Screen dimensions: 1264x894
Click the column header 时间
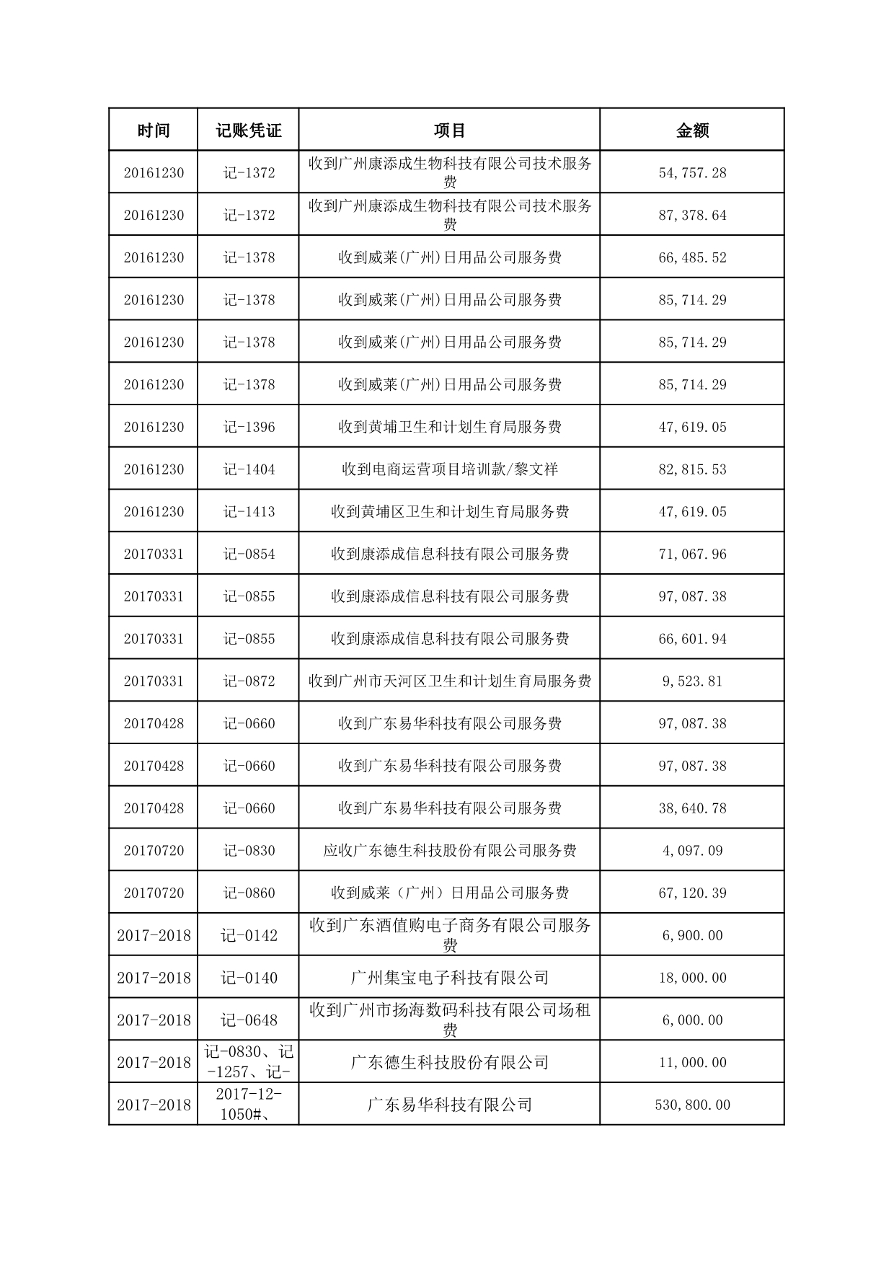(153, 131)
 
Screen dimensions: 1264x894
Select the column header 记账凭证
(248, 131)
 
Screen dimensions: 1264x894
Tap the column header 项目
(449, 131)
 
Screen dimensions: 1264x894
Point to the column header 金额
(692, 131)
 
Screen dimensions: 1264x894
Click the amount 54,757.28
(692, 173)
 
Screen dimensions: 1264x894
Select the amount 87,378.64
(692, 216)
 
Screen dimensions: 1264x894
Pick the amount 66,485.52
(692, 257)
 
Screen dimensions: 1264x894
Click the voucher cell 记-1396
(249, 427)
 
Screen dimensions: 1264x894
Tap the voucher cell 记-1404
(249, 469)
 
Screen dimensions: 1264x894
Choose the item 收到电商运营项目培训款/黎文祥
(449, 469)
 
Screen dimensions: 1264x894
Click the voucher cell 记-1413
(249, 512)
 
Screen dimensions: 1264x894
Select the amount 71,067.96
(692, 554)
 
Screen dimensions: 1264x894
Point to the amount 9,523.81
(692, 681)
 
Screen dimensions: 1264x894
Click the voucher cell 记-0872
(249, 681)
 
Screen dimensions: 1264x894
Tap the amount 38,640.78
(692, 808)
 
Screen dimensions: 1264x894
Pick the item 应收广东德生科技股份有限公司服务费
(449, 851)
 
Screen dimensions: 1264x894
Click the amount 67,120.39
(692, 893)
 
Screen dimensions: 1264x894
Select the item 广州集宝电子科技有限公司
(449, 978)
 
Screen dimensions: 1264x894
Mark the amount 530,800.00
(692, 1105)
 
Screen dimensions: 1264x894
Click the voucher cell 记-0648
(249, 1020)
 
